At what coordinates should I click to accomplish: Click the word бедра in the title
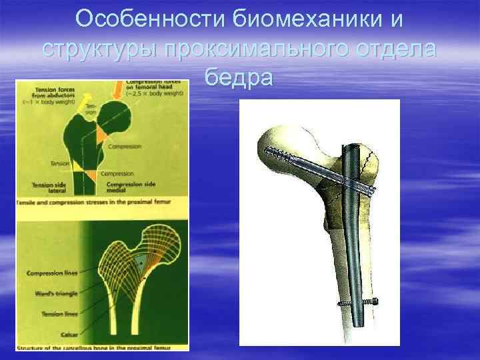coord(239,77)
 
